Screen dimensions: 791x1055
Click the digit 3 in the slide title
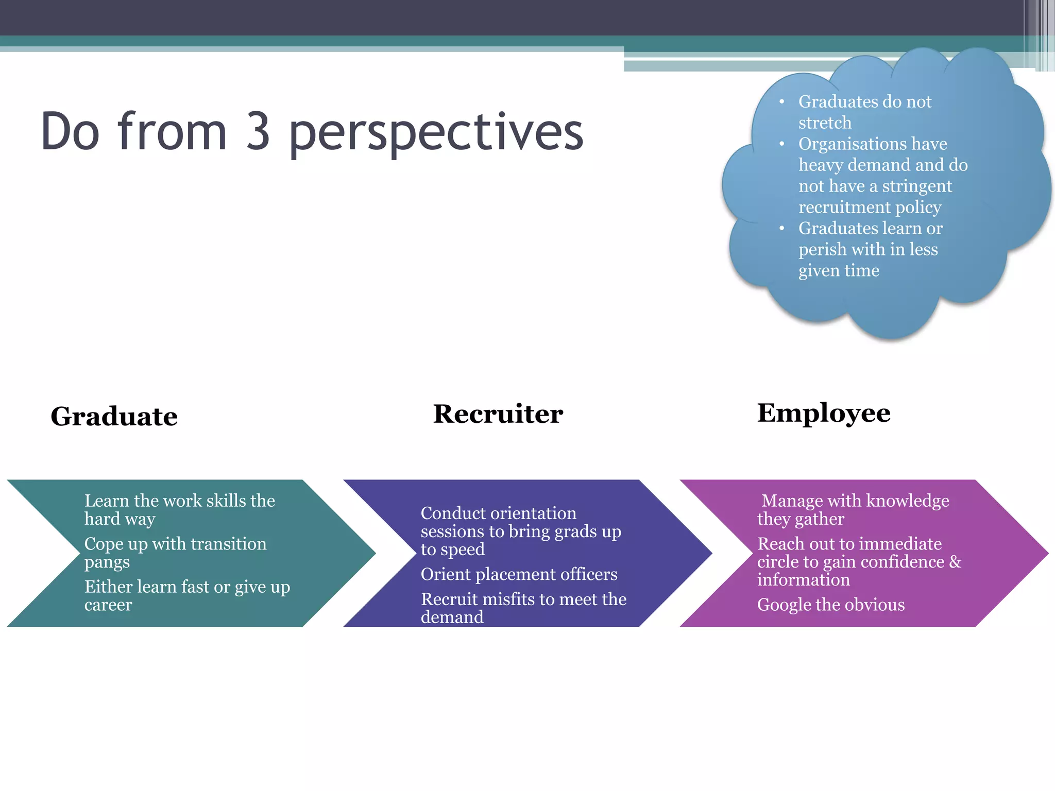pyautogui.click(x=258, y=132)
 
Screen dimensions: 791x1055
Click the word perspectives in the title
pyautogui.click(x=436, y=133)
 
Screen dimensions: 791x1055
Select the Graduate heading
pyautogui.click(x=114, y=416)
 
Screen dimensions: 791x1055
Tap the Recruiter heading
pyautogui.click(x=498, y=414)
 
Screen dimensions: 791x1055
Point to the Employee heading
pyautogui.click(x=823, y=413)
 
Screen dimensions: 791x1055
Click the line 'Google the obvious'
pyautogui.click(x=830, y=605)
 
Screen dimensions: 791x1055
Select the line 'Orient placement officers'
pyautogui.click(x=519, y=574)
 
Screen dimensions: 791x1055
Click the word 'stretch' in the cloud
pyautogui.click(x=825, y=123)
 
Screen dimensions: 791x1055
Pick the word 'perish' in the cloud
pyautogui.click(x=822, y=250)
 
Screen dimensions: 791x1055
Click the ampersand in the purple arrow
pyautogui.click(x=955, y=561)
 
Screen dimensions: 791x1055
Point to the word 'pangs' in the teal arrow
pyautogui.click(x=107, y=562)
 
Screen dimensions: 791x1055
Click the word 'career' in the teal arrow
pyautogui.click(x=108, y=605)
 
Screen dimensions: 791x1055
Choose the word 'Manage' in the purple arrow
pyautogui.click(x=790, y=501)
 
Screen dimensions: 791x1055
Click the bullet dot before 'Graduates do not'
pyautogui.click(x=781, y=102)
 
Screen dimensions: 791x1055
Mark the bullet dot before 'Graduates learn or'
pyautogui.click(x=781, y=228)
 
